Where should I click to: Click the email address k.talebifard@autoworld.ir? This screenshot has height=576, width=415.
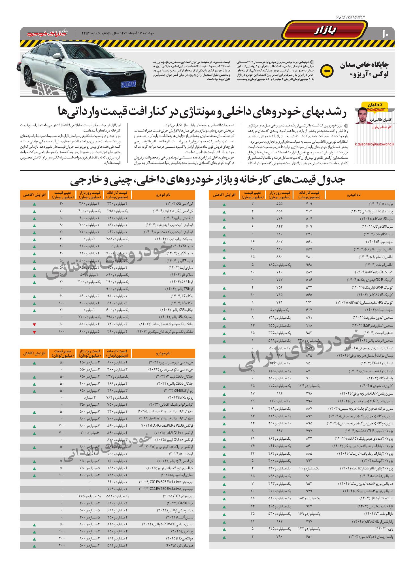click(374, 144)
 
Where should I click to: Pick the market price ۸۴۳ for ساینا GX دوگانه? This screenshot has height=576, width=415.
click(280, 227)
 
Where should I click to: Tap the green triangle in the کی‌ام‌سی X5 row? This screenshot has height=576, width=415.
click(34, 204)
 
